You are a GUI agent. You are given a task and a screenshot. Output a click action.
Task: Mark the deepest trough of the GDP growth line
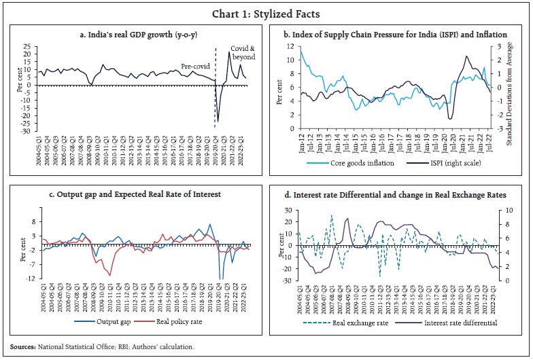218,122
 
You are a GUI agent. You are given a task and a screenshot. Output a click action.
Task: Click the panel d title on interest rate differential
400,195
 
